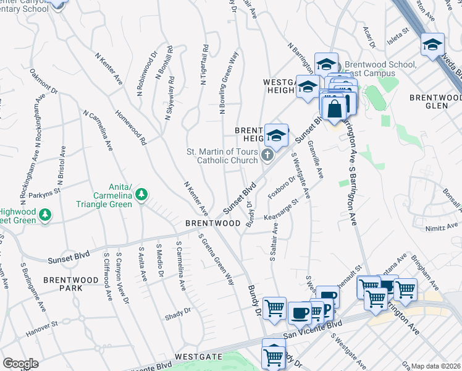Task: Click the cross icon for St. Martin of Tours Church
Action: click(x=267, y=155)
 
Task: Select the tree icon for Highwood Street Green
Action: click(x=44, y=215)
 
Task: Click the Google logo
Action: click(x=20, y=364)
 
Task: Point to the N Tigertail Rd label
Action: click(x=203, y=65)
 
